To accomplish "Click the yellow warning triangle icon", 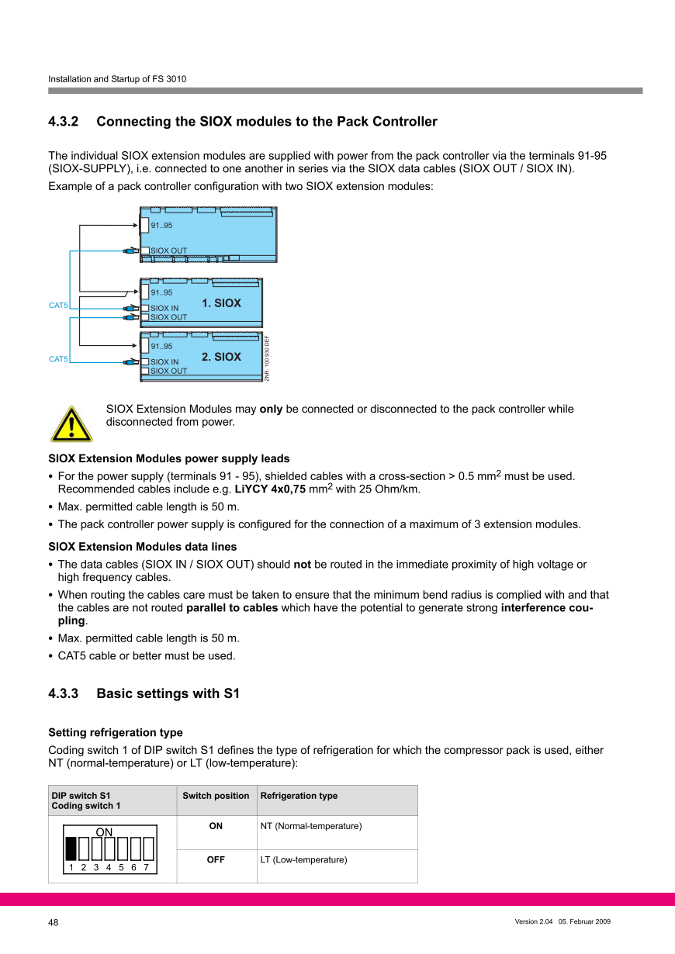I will click(71, 423).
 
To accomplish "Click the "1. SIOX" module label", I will click(221, 303).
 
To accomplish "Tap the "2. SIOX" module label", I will click(221, 357).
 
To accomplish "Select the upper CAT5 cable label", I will click(58, 306).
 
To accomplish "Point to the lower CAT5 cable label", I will click(58, 359).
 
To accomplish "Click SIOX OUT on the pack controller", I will click(168, 251).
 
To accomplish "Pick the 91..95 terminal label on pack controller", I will click(161, 226).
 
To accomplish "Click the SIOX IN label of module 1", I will click(164, 309).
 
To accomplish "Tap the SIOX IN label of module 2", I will click(164, 362).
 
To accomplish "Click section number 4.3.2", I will click(64, 122).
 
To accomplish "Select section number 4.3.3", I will click(64, 693).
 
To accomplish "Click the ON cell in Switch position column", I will click(216, 826).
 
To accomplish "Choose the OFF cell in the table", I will click(216, 859).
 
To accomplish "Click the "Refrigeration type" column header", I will click(299, 796).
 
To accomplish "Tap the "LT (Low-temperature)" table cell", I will click(303, 859).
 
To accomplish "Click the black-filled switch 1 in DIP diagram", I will click(71, 849).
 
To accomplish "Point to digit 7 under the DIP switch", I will click(146, 868).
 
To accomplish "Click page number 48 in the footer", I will click(54, 922).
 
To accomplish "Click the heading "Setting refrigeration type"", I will click(116, 732).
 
